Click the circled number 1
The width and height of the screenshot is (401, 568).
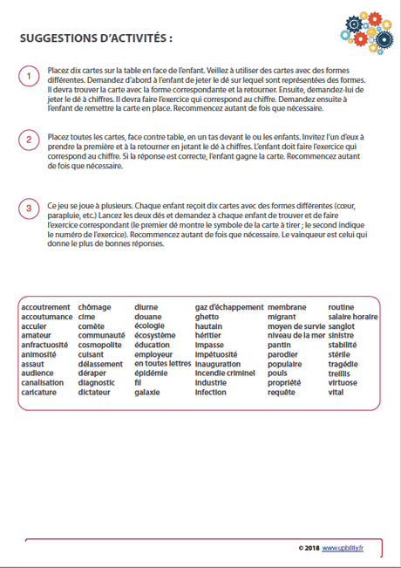tap(28, 78)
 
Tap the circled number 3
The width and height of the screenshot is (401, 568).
tap(28, 208)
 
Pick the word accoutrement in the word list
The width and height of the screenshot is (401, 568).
tap(45, 307)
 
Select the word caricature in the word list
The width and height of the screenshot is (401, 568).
tap(39, 393)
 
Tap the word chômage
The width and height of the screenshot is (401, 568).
tap(94, 307)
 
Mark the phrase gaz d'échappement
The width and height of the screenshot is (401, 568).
tap(228, 307)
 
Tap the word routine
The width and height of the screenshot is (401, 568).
tap(342, 307)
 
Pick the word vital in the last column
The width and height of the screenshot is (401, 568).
tap(336, 393)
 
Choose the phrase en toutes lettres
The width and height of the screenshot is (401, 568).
tap(162, 364)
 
